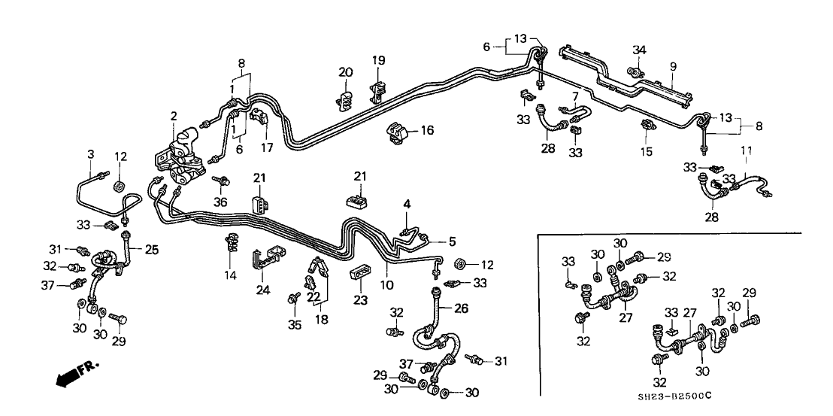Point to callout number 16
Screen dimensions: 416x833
(x=428, y=131)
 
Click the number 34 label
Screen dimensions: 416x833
(x=638, y=50)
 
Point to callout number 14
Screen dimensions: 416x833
(x=230, y=276)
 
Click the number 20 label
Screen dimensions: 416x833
(x=345, y=72)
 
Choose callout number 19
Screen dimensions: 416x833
(x=378, y=59)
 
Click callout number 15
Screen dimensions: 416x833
(x=646, y=152)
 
